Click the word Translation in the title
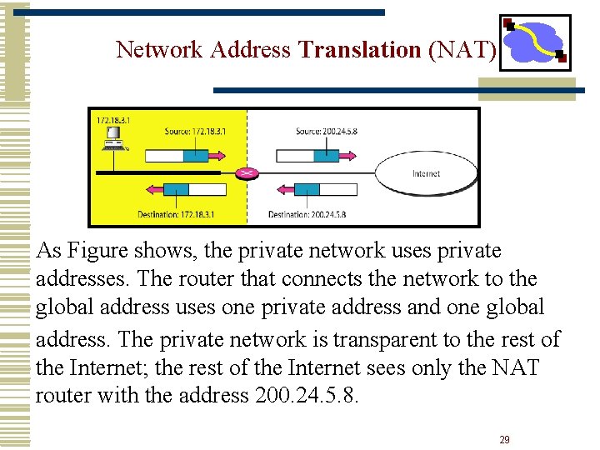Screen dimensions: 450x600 (x=359, y=50)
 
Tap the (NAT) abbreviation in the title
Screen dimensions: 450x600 (x=462, y=50)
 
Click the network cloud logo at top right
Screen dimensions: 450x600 (x=534, y=42)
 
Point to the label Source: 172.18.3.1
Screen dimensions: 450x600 (x=195, y=132)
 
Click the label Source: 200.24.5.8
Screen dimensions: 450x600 (x=326, y=132)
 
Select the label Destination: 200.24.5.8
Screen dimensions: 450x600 (x=307, y=214)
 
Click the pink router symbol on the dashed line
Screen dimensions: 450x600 (x=247, y=172)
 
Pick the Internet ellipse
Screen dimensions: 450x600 (x=426, y=173)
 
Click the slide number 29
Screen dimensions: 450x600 (x=504, y=439)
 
